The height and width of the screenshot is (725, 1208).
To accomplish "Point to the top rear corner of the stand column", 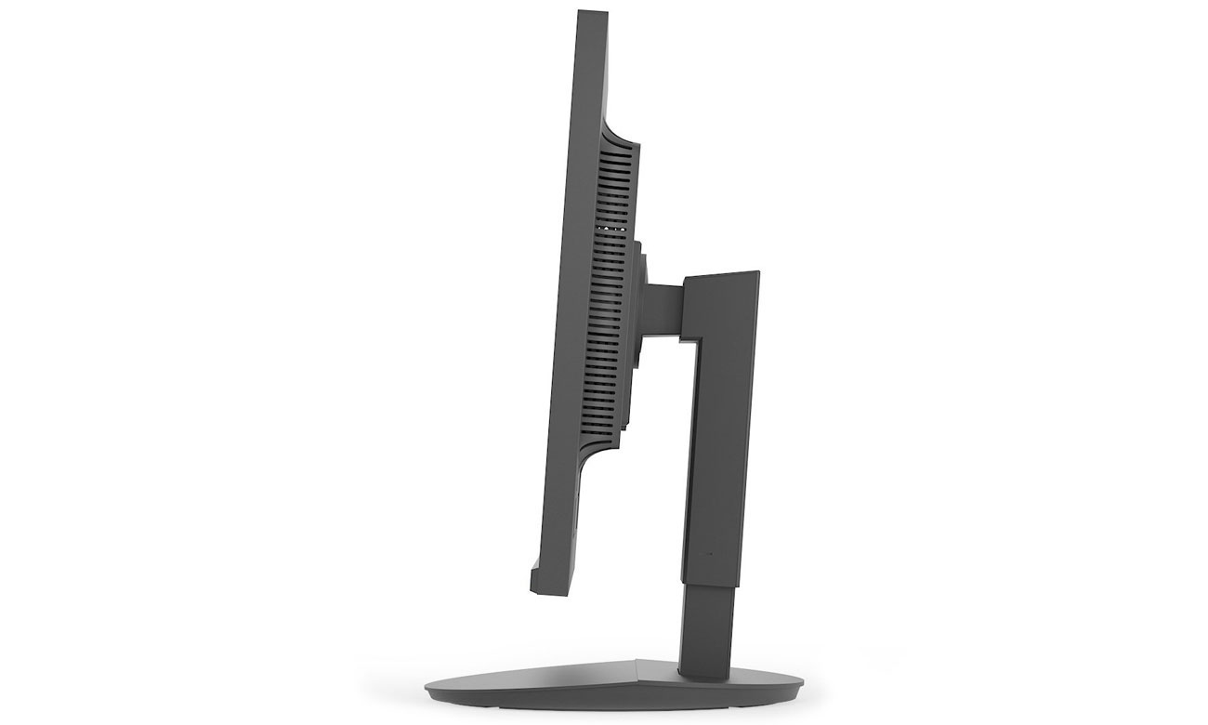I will point(757,273).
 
